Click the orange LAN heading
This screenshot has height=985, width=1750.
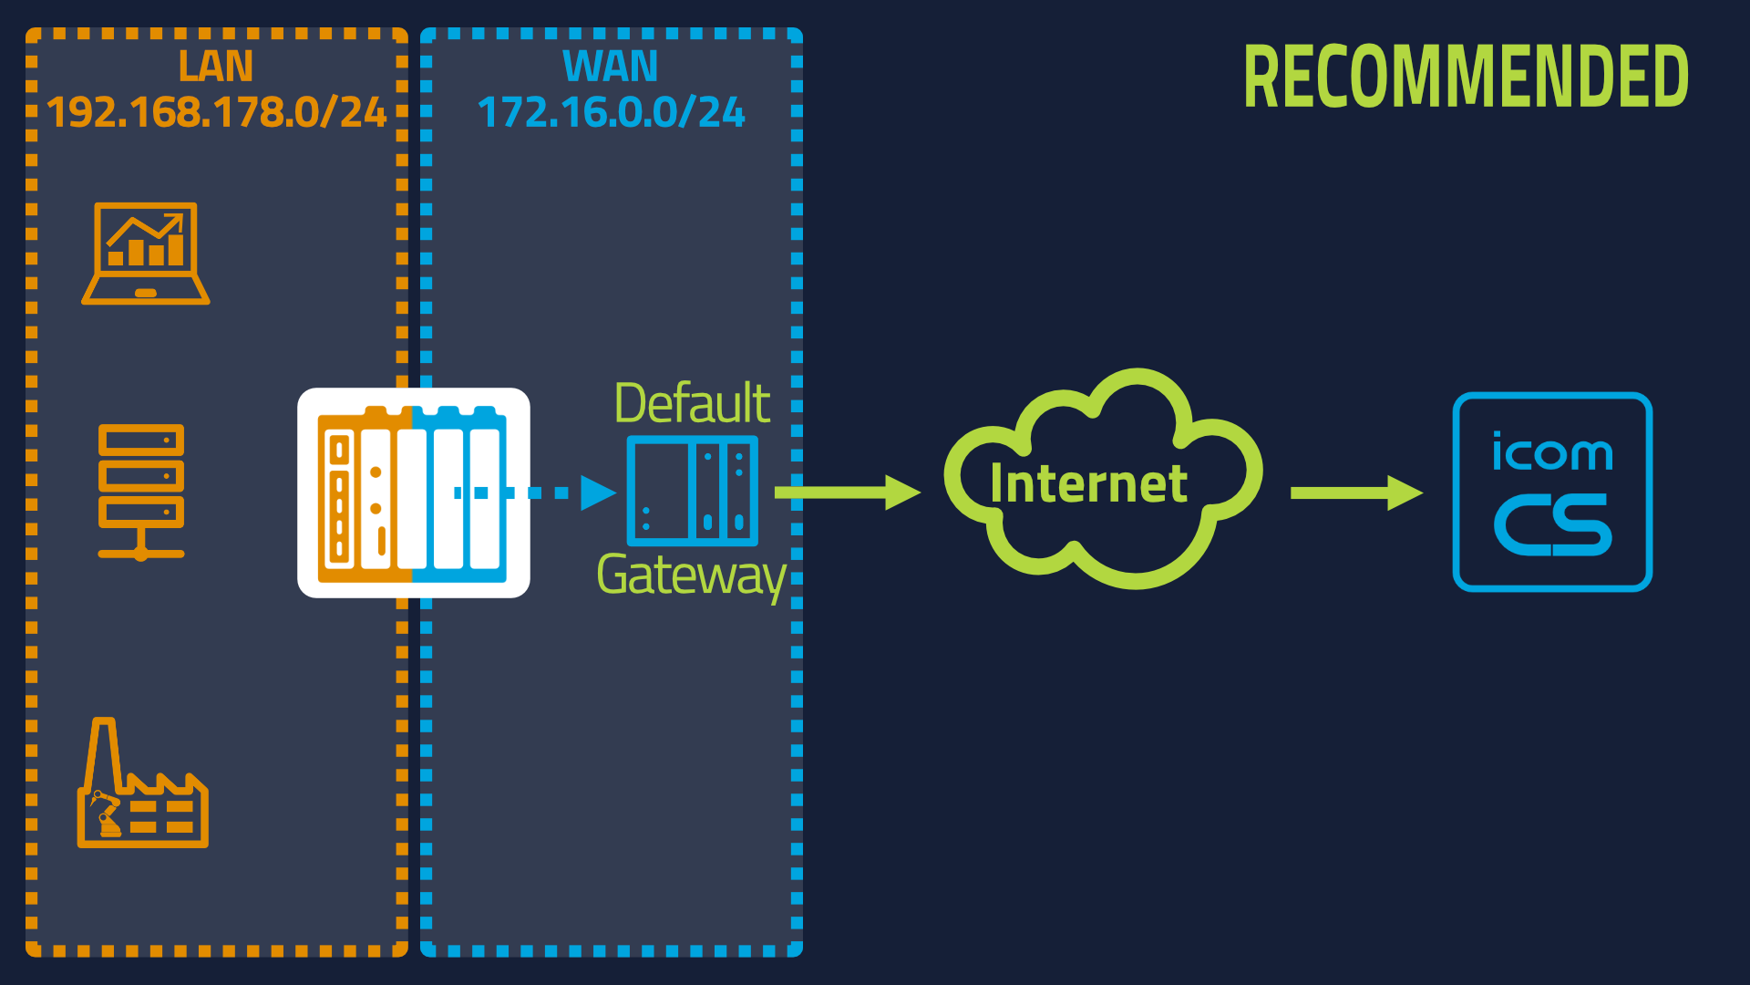point(216,67)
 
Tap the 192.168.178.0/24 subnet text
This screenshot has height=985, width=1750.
point(217,112)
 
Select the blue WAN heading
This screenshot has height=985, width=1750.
point(610,67)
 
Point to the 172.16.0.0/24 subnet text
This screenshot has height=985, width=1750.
point(612,112)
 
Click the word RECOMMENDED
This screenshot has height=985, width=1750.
point(1467,78)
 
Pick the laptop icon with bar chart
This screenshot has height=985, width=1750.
point(146,254)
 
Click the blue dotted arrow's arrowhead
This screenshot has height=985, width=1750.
point(598,493)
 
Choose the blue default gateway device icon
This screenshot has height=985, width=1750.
point(693,491)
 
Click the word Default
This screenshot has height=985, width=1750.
point(693,403)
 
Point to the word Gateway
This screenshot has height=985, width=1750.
point(691,576)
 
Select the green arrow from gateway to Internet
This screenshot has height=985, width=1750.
point(848,493)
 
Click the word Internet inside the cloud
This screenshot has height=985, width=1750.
point(1089,483)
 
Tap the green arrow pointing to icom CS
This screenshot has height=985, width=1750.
point(1357,493)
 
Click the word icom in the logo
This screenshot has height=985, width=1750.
point(1552,451)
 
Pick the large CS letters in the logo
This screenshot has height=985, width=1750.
point(1553,525)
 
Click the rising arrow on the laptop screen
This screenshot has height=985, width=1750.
point(146,230)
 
